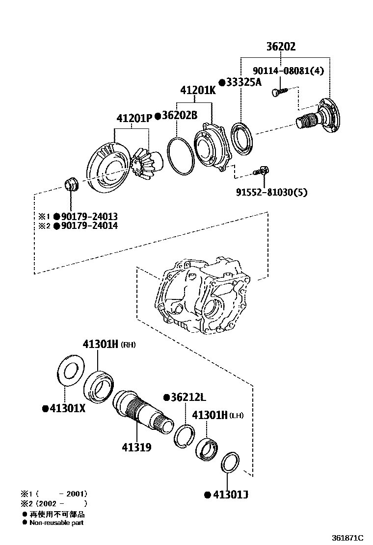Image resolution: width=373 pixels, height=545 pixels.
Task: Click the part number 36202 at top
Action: pos(281,47)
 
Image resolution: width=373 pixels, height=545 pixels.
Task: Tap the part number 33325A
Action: pos(243,83)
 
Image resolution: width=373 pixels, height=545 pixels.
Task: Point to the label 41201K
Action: pos(197,91)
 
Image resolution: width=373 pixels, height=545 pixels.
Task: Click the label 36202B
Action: pos(179,116)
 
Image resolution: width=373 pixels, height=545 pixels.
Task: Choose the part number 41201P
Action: pos(134,119)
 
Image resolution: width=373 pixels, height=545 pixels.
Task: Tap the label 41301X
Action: pos(67,408)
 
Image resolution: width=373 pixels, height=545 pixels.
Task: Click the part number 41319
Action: pos(136,447)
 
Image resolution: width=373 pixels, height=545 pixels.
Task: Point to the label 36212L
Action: pos(188,397)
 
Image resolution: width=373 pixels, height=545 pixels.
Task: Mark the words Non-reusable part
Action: pos(56,523)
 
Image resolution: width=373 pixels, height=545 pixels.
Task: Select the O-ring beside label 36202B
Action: pos(180,155)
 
